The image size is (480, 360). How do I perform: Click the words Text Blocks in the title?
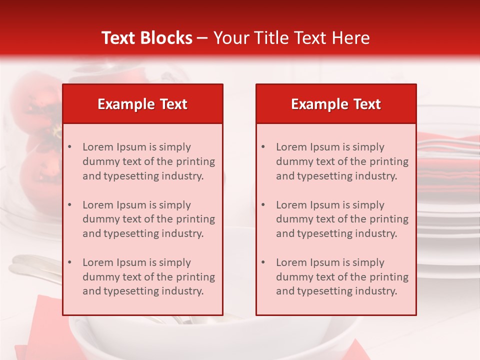pos(146,38)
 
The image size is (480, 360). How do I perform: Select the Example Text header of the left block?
pos(142,104)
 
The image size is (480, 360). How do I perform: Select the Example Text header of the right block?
pos(336,104)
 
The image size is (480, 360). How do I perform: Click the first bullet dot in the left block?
pos(70,147)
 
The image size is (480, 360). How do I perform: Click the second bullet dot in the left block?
pos(70,205)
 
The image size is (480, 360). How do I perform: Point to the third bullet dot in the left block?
pos(70,262)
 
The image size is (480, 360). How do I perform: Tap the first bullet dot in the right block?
pos(263,147)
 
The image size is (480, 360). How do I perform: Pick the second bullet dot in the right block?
pos(263,205)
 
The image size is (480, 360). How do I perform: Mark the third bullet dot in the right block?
pos(263,262)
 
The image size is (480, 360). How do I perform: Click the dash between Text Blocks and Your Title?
pos(202,38)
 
